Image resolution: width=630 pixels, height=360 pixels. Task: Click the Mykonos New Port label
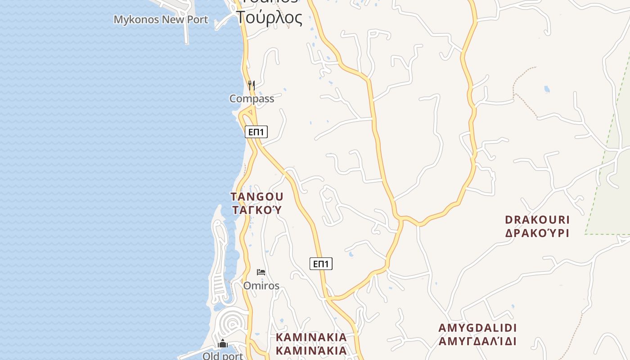tap(161, 20)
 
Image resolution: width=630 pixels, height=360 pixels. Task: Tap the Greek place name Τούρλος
tap(269, 17)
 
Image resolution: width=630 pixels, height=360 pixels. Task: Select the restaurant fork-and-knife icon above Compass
tap(252, 85)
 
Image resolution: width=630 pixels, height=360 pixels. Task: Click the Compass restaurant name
tap(252, 99)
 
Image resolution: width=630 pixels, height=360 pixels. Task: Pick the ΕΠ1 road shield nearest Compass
tap(256, 132)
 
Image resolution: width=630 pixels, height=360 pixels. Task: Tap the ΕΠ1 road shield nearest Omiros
tap(321, 264)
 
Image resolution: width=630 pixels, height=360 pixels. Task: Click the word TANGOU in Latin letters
tap(257, 197)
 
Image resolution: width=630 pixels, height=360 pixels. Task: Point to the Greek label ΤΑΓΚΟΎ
tap(257, 210)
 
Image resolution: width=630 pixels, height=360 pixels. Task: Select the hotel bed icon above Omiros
tap(261, 272)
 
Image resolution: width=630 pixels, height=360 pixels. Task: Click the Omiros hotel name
tap(261, 286)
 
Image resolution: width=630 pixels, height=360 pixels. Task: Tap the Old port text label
tap(222, 356)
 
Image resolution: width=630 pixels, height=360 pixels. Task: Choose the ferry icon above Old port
tap(222, 344)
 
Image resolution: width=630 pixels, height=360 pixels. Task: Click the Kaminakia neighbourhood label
tap(311, 337)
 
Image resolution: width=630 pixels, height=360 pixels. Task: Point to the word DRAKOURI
tap(537, 220)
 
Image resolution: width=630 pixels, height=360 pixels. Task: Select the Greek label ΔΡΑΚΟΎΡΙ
tap(537, 233)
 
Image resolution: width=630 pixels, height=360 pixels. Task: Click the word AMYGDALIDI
tap(477, 328)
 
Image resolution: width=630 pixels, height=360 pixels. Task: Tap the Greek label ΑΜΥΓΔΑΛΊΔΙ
tap(477, 341)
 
